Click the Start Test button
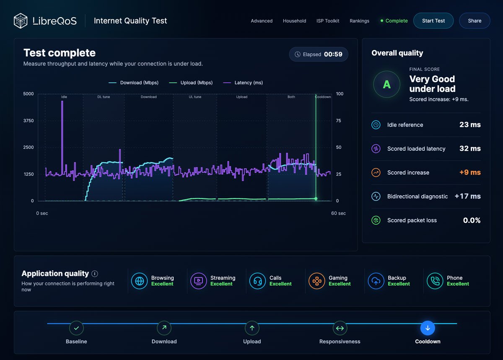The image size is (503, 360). pyautogui.click(x=433, y=21)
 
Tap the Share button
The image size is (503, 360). pyautogui.click(x=474, y=21)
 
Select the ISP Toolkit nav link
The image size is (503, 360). pyautogui.click(x=328, y=21)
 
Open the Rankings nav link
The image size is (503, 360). pyautogui.click(x=359, y=21)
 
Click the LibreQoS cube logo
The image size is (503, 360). pyautogui.click(x=21, y=21)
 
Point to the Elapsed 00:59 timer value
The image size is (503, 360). pyautogui.click(x=333, y=54)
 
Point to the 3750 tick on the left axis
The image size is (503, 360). pyautogui.click(x=29, y=121)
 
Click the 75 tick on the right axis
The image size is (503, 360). pyautogui.click(x=338, y=121)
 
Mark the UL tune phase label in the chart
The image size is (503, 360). pyautogui.click(x=195, y=97)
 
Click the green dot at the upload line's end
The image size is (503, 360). pyautogui.click(x=316, y=198)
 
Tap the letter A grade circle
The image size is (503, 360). pyautogui.click(x=386, y=84)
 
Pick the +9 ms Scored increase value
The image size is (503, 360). pyautogui.click(x=470, y=172)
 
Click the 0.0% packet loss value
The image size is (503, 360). pyautogui.click(x=472, y=220)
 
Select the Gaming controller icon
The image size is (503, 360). pyautogui.click(x=316, y=281)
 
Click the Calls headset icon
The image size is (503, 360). pyautogui.click(x=257, y=281)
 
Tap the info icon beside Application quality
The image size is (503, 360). pyautogui.click(x=95, y=274)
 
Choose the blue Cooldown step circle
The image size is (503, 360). pyautogui.click(x=428, y=328)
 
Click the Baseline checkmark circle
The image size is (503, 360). pyautogui.click(x=76, y=328)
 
